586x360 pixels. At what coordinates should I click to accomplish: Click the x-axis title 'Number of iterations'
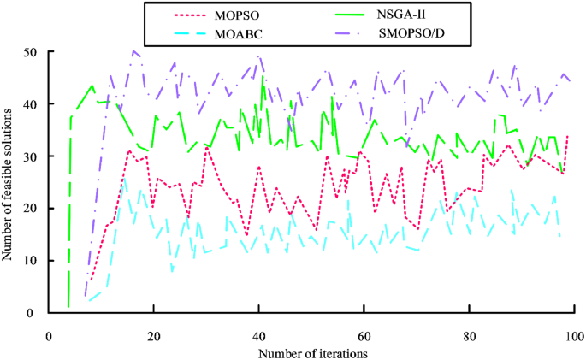point(314,351)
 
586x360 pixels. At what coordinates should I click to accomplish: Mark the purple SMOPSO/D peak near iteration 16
point(134,51)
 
